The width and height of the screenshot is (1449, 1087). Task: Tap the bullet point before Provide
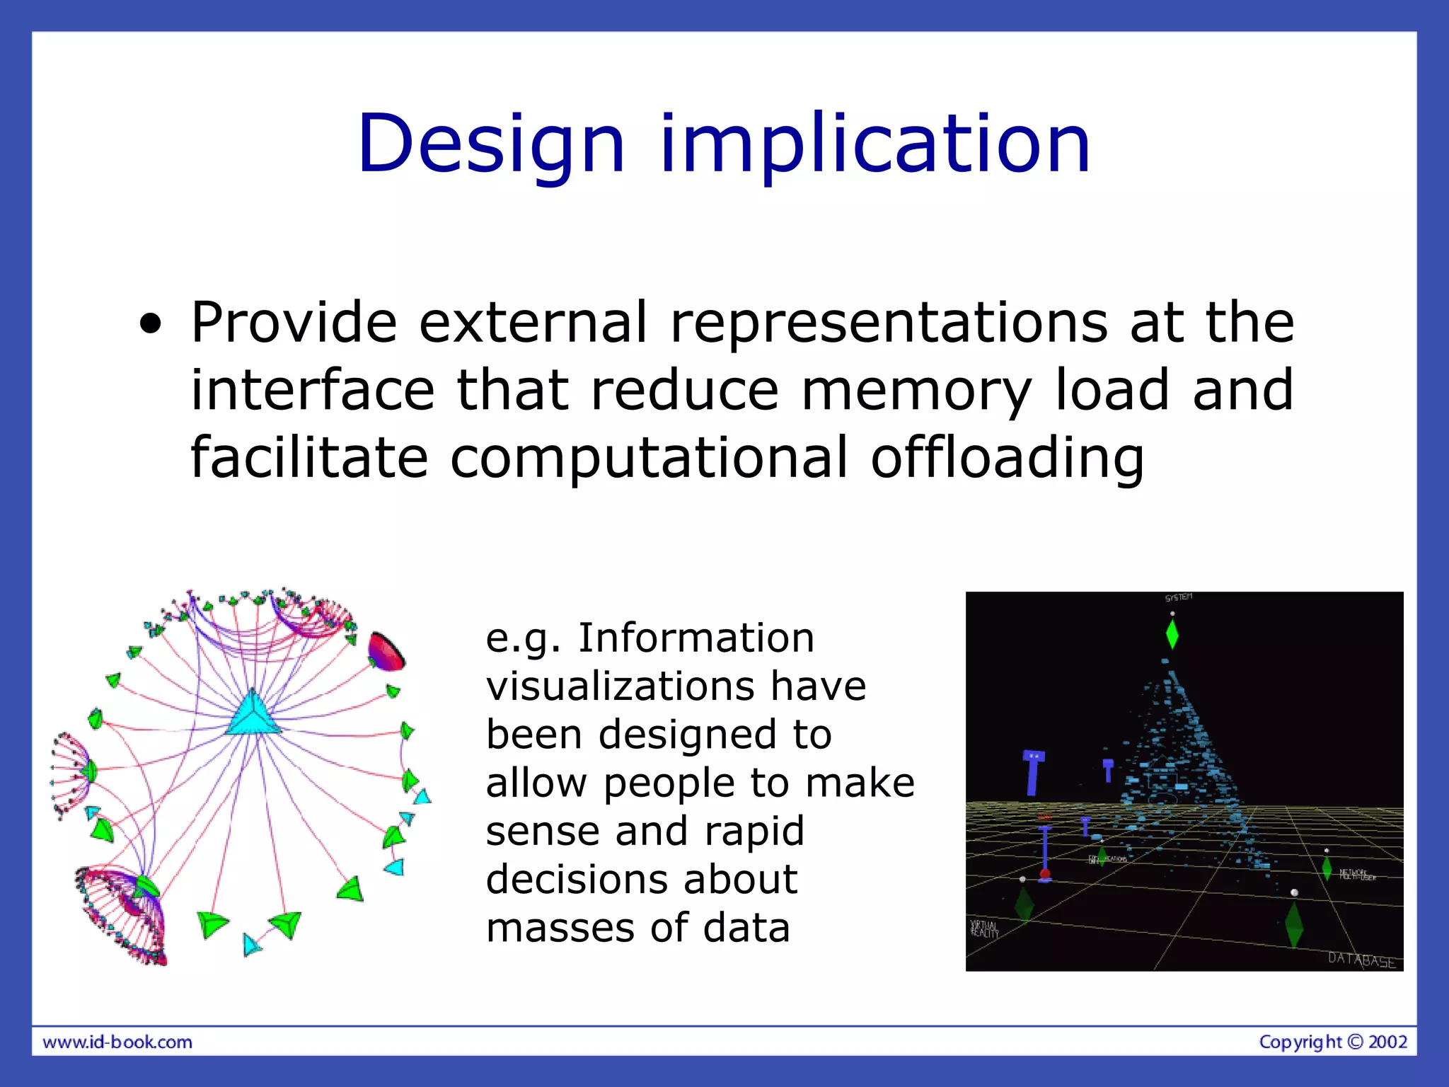[150, 325]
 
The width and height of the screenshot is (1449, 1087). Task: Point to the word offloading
[1006, 458]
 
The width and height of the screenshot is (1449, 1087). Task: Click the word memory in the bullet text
[916, 390]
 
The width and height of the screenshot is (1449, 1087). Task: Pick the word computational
[648, 458]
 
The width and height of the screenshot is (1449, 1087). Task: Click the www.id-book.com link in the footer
[117, 1042]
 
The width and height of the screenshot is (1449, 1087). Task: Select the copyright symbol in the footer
[1355, 1042]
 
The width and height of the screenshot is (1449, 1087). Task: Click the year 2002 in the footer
[1388, 1042]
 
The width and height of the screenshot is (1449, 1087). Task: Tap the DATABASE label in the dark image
[1361, 960]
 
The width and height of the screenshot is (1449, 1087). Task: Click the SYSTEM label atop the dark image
[1179, 598]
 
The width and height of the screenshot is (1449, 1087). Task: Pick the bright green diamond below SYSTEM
[1172, 634]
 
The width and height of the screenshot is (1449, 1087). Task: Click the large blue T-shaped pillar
[1033, 773]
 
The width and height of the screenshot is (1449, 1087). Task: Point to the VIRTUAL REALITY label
[984, 928]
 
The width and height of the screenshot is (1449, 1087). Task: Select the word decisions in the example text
[574, 879]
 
